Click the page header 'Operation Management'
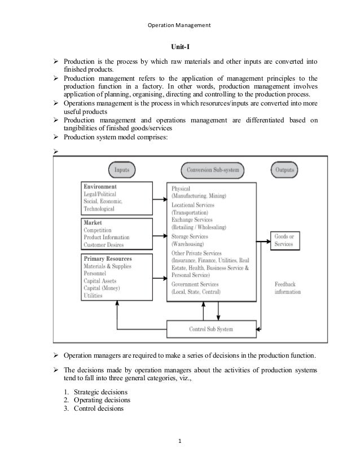179,25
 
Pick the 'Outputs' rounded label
286,169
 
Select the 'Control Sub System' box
210,328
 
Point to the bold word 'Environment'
100,186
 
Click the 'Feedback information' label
287,288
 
